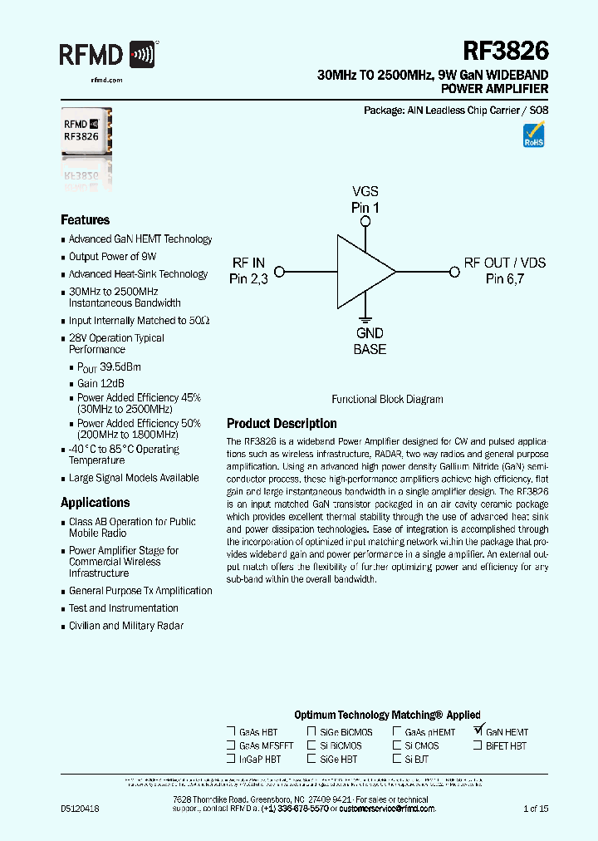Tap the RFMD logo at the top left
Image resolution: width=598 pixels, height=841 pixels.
pos(107,55)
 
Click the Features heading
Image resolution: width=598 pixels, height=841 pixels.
pos(85,220)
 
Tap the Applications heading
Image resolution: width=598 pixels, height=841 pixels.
pos(95,503)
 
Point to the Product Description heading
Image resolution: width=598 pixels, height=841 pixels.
pos(282,424)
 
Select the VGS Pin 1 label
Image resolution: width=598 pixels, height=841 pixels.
pos(365,199)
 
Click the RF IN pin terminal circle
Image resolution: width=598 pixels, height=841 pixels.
pos(280,271)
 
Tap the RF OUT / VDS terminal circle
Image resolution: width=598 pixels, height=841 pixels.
pos(454,271)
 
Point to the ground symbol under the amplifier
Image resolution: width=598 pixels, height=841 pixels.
pos(365,318)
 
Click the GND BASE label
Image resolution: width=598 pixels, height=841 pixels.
pos(370,342)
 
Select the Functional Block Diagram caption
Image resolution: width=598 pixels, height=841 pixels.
pos(387,400)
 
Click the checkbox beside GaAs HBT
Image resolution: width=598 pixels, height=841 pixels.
pos(230,732)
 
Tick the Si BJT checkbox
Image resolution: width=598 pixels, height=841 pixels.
pos(397,759)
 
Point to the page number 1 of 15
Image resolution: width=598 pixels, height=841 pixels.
pos(536,809)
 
